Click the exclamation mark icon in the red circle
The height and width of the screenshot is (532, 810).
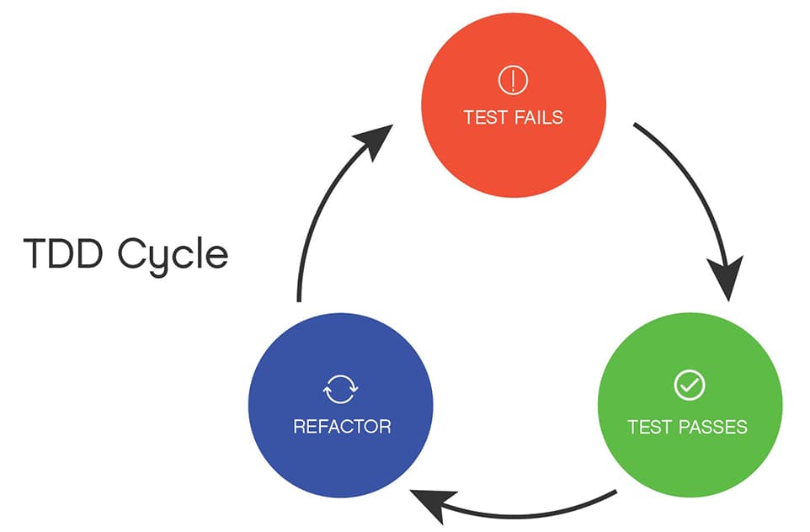513,81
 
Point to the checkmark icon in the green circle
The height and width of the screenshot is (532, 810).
689,386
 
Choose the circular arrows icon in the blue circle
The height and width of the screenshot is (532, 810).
341,390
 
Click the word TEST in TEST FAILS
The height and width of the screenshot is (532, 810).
483,117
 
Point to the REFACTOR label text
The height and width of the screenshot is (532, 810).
342,427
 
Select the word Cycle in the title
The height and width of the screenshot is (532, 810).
173,255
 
